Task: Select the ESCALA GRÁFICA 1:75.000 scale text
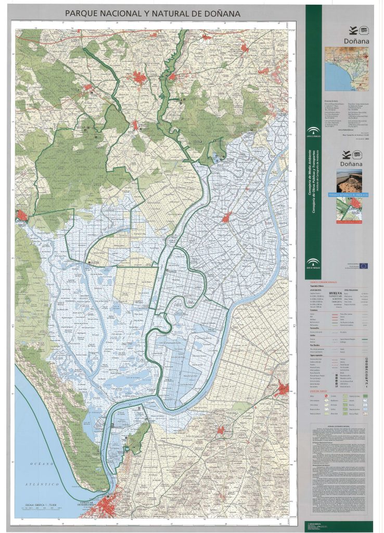(x=40, y=504)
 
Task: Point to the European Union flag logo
(x=363, y=266)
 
